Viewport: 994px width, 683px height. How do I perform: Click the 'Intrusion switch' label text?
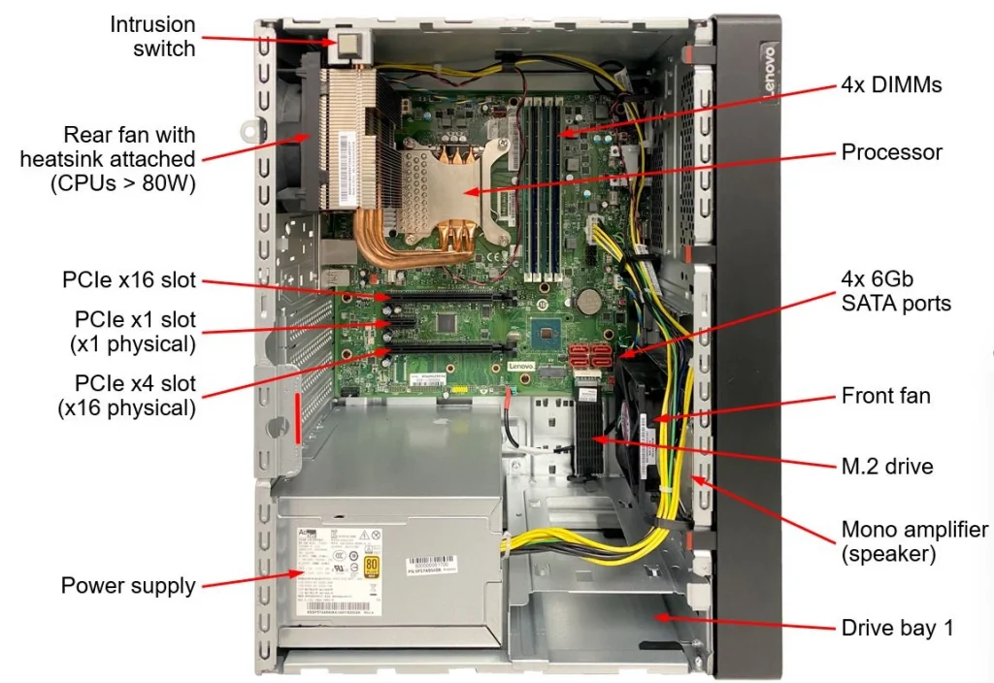(x=152, y=36)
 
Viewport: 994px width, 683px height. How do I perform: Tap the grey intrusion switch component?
(x=349, y=45)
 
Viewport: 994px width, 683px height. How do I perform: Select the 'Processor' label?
(x=891, y=152)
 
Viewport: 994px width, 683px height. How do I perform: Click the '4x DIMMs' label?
(x=891, y=85)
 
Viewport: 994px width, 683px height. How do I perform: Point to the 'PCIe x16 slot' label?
(x=128, y=281)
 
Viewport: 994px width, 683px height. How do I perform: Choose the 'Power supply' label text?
(x=128, y=585)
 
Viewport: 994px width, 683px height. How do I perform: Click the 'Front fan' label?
(x=885, y=395)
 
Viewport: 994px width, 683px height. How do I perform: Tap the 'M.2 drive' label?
(x=887, y=467)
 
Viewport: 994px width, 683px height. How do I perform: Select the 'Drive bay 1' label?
(x=897, y=628)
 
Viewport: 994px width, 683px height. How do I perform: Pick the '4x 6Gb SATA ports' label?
(x=895, y=291)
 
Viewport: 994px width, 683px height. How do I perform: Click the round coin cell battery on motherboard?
(x=589, y=300)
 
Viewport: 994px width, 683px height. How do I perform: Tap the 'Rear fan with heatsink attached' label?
(x=108, y=158)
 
